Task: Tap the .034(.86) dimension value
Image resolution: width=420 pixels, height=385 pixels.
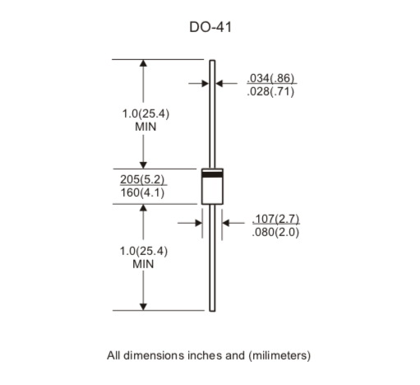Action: coord(270,79)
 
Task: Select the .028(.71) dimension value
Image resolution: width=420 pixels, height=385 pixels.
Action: coord(270,91)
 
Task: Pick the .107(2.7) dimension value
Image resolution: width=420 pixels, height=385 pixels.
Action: coord(276,219)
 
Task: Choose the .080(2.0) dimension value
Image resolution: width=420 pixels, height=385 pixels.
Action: coord(276,232)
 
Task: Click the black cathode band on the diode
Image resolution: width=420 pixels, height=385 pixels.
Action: coord(213,174)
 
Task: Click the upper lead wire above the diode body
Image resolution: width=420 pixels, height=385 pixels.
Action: coord(213,115)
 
